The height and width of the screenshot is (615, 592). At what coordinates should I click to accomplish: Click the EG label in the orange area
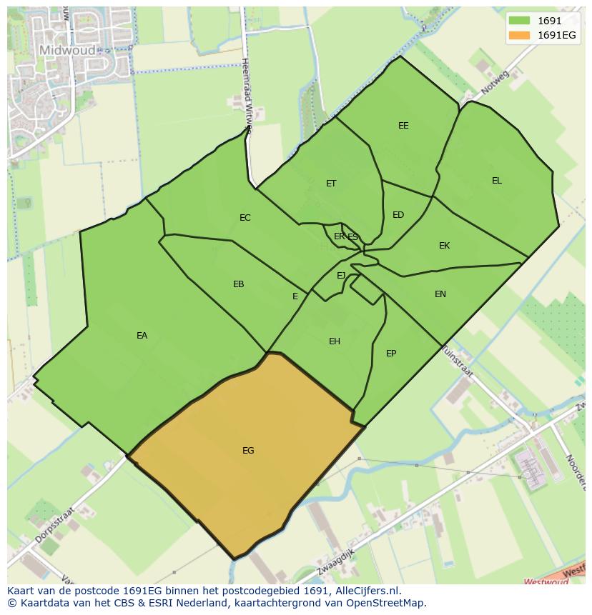pos(248,451)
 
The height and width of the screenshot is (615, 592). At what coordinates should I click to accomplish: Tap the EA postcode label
pos(142,336)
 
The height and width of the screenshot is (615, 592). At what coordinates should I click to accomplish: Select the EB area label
pos(238,284)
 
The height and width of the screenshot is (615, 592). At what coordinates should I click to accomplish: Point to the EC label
pos(245,218)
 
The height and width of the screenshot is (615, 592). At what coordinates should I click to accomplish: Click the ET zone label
pos(331,184)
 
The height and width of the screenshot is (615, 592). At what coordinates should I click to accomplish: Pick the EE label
pos(403,126)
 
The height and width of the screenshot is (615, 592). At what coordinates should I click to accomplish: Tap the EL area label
pos(496,181)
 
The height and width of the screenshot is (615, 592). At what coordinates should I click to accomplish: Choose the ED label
pos(398,215)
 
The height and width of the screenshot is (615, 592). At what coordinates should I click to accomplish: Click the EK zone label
pos(444,246)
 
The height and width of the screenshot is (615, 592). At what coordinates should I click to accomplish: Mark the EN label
pos(440,294)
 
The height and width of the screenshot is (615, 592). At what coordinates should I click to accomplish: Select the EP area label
pos(391,354)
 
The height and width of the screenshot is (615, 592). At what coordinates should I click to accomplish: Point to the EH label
pos(334,341)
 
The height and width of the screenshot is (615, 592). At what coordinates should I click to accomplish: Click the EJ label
pos(341,276)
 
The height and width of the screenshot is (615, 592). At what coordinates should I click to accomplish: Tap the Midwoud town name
pos(66,50)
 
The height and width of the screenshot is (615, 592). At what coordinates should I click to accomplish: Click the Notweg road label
pos(494,84)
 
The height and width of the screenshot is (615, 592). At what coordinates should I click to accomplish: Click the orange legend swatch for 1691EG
pos(520,36)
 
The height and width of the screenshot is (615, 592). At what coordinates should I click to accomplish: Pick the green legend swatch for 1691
pos(520,21)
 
